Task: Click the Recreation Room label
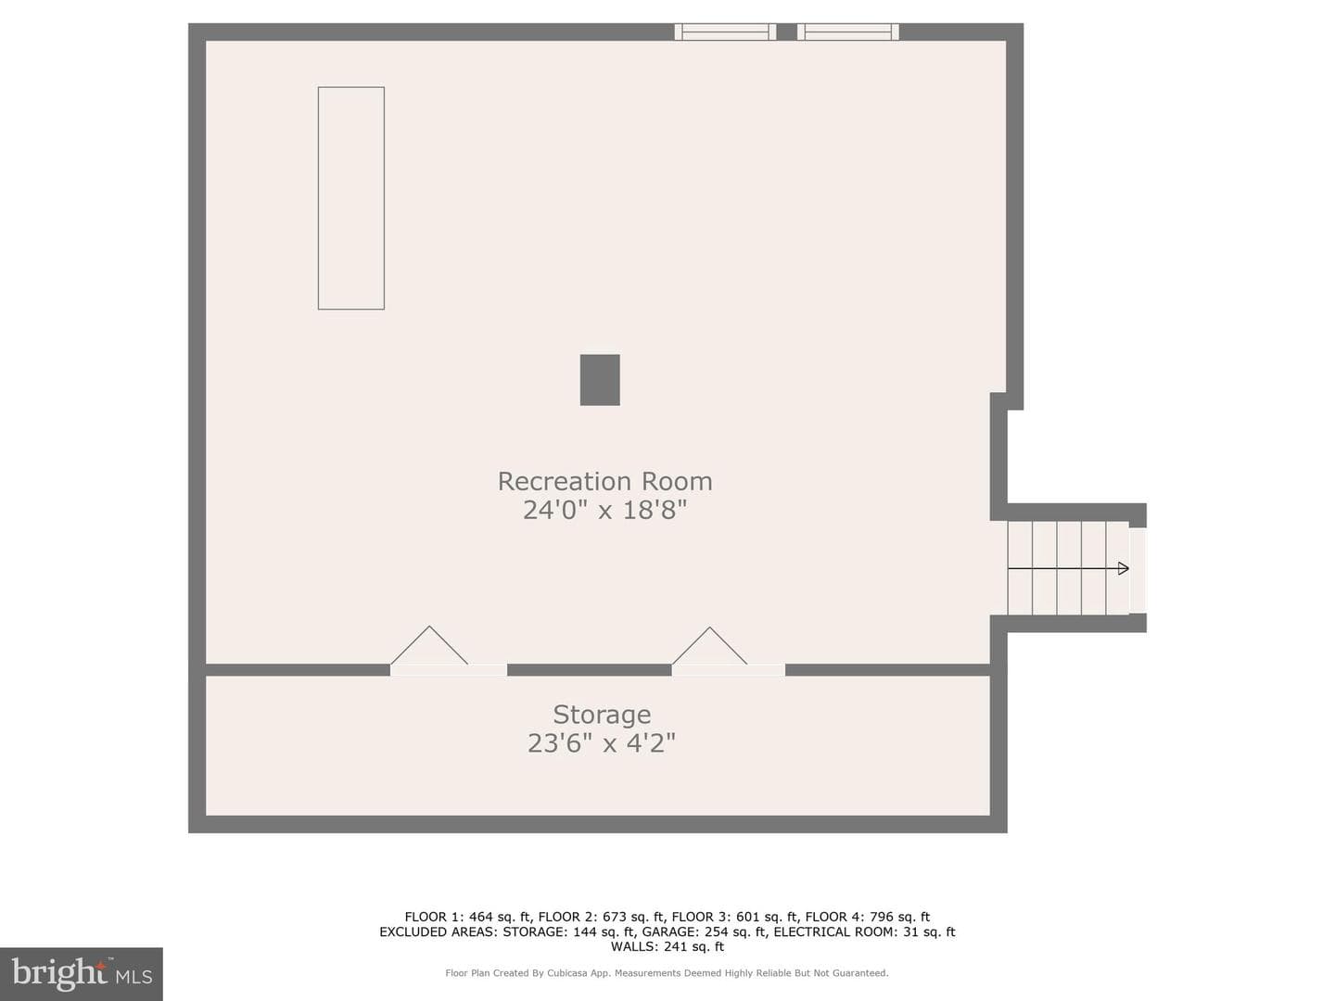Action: tap(604, 481)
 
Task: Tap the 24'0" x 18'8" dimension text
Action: tap(604, 510)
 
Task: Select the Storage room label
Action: tap(602, 716)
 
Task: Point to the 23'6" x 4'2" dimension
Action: tap(602, 742)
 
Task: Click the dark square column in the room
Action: tap(600, 380)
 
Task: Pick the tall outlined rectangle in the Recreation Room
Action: tap(351, 198)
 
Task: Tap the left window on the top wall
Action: tap(725, 32)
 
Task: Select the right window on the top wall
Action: tap(848, 32)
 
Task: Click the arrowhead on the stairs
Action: tap(1124, 569)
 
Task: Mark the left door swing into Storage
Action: tap(429, 646)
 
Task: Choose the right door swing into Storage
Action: tap(710, 647)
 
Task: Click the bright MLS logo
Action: tap(82, 974)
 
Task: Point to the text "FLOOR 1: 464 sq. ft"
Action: tap(468, 917)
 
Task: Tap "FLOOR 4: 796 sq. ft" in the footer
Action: tap(868, 917)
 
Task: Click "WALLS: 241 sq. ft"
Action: tap(667, 946)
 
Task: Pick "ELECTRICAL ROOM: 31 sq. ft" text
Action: tap(864, 931)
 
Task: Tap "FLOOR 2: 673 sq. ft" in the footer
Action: tap(602, 917)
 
